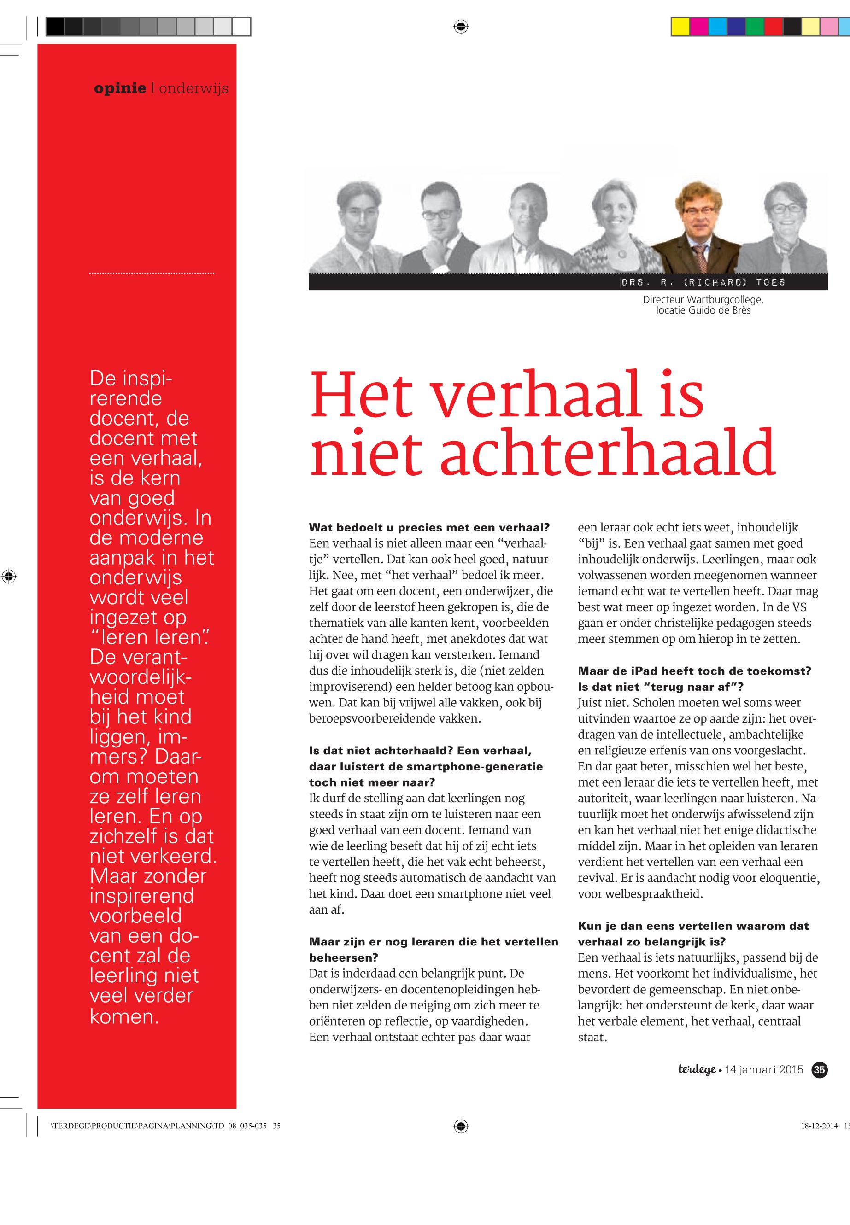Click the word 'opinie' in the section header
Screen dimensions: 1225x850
pyautogui.click(x=120, y=88)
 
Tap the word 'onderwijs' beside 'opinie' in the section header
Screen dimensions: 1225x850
pyautogui.click(x=193, y=88)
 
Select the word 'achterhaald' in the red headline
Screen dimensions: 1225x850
pyautogui.click(x=608, y=453)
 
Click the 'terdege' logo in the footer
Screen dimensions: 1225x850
pyautogui.click(x=697, y=1070)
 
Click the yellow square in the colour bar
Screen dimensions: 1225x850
pyautogui.click(x=680, y=27)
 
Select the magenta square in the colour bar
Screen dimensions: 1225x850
pyautogui.click(x=699, y=27)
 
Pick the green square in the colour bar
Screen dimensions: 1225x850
pyautogui.click(x=754, y=27)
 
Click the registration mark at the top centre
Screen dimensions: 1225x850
pyautogui.click(x=461, y=26)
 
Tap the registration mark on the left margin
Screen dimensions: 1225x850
pyautogui.click(x=9, y=576)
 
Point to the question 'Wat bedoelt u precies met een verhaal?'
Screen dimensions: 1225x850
pyautogui.click(x=429, y=528)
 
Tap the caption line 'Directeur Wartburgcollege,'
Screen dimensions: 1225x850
pyautogui.click(x=703, y=300)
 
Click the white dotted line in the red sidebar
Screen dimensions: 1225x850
pyautogui.click(x=152, y=273)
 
